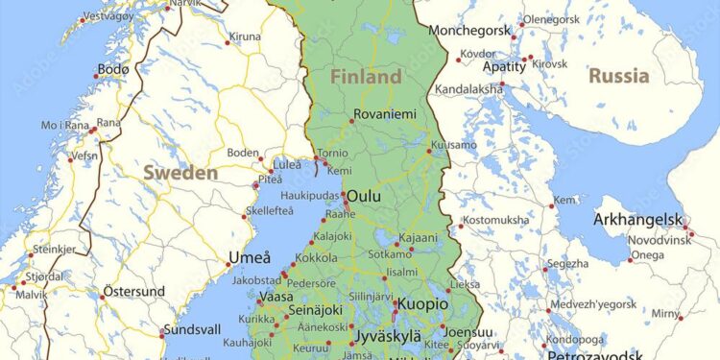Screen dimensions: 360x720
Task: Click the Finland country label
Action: point(366,76)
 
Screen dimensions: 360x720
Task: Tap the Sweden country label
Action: point(180,173)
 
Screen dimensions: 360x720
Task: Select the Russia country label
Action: point(618,75)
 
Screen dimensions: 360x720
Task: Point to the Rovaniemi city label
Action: point(385,114)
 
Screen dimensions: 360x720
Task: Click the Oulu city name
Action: point(364,196)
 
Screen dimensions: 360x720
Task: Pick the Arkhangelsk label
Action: point(636,219)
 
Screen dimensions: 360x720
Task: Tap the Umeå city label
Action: point(250,257)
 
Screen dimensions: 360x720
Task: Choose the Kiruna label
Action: point(244,37)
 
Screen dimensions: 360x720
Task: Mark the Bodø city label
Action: point(113,70)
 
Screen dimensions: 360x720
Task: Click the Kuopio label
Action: point(422,303)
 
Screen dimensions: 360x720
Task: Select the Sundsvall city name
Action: point(192,328)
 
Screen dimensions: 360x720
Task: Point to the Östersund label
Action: point(133,291)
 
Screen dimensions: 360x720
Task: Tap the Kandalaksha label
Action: point(468,88)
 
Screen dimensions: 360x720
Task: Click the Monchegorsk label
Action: point(472,31)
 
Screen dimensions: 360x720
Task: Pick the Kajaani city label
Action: point(418,237)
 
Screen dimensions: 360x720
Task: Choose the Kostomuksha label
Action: point(495,220)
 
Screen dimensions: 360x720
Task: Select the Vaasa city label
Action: point(276,298)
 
